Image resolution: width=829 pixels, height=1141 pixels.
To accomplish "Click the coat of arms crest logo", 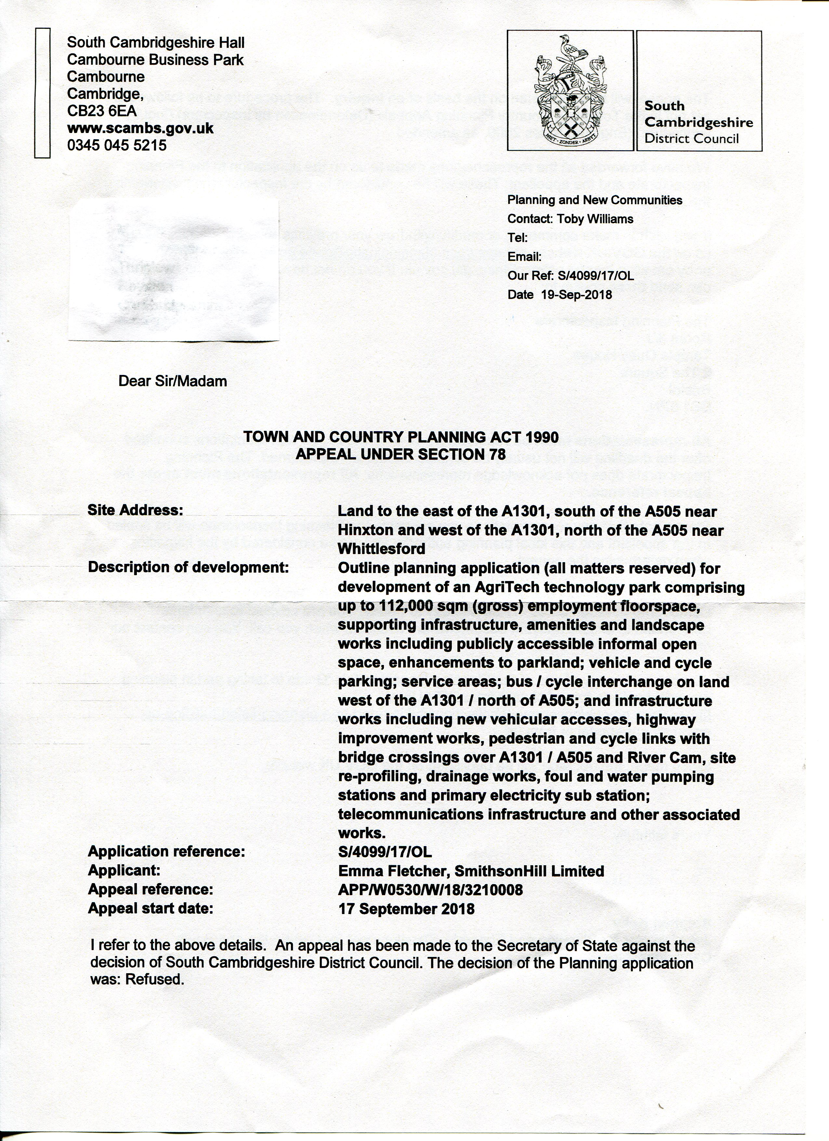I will coord(570,90).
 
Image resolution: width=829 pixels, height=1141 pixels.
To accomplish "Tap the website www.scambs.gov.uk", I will coord(140,128).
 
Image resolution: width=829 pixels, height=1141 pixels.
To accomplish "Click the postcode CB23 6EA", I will coord(102,111).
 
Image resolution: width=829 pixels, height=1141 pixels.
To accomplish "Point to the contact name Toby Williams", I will coord(595,219).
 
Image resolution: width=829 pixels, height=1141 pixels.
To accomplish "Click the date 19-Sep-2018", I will coord(576,295).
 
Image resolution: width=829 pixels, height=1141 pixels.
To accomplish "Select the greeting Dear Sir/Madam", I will coord(173,381).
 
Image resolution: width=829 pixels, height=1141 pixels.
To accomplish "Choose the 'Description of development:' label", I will coord(189,567).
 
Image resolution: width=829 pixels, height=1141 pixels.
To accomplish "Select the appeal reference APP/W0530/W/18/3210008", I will coord(431,890).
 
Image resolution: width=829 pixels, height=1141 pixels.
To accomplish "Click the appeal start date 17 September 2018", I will coord(406,909).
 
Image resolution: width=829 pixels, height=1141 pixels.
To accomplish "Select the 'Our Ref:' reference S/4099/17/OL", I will coord(595,276).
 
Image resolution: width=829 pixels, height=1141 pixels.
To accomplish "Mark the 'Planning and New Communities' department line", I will coord(595,200).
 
